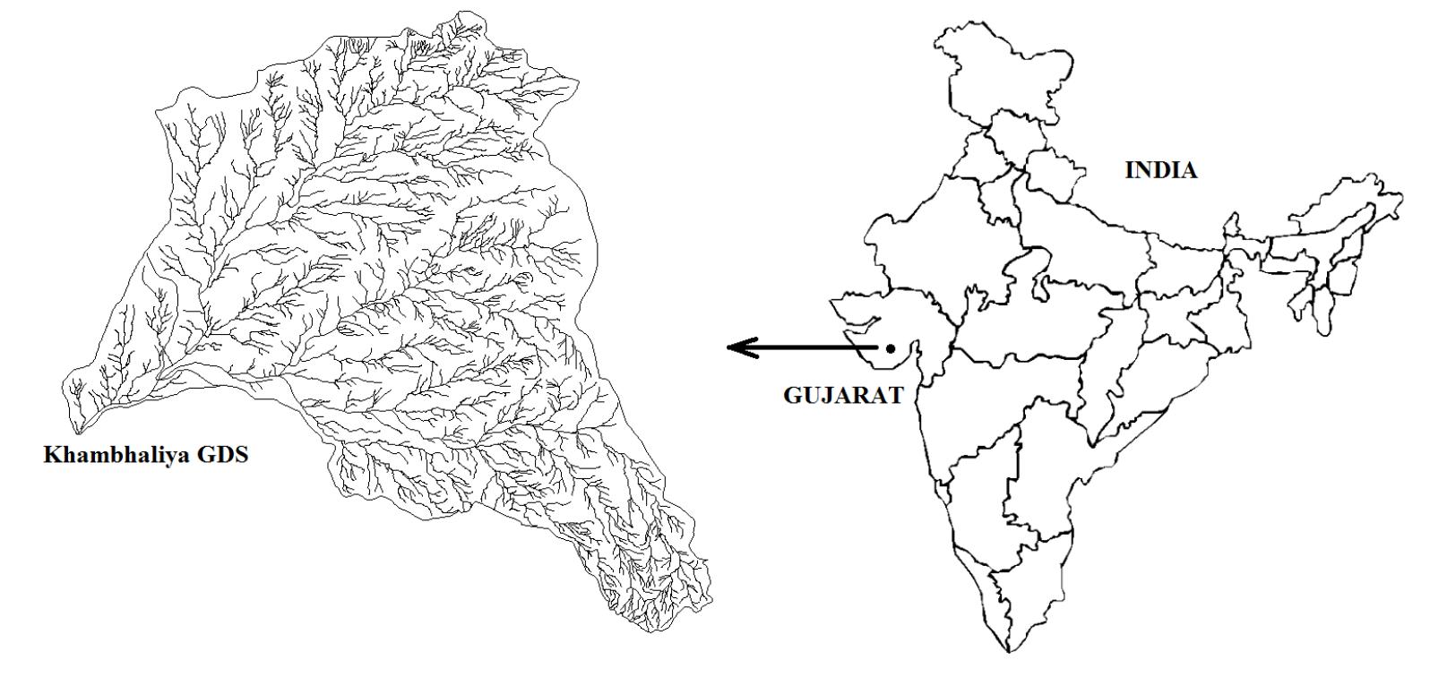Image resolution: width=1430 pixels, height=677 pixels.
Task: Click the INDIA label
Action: tap(1160, 171)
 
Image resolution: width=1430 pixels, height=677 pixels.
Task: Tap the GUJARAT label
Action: tap(843, 396)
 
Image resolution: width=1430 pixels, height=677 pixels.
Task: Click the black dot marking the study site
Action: tap(891, 348)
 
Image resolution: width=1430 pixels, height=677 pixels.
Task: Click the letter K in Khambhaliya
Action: tap(52, 455)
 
